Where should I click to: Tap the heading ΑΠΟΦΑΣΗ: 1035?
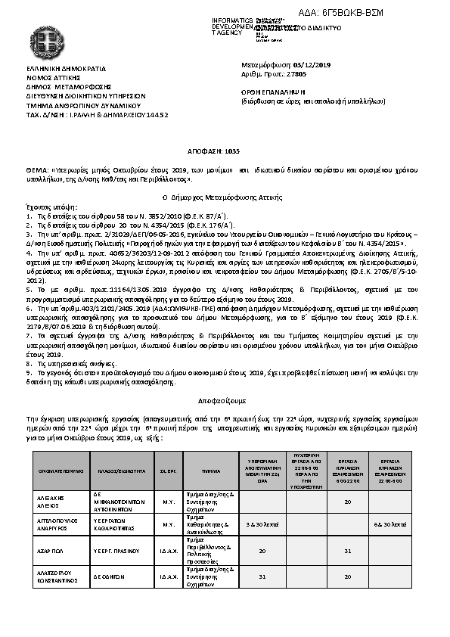click(x=224, y=152)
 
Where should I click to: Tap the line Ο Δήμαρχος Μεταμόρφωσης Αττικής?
click(x=224, y=196)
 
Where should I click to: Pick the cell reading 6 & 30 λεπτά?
click(x=390, y=524)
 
